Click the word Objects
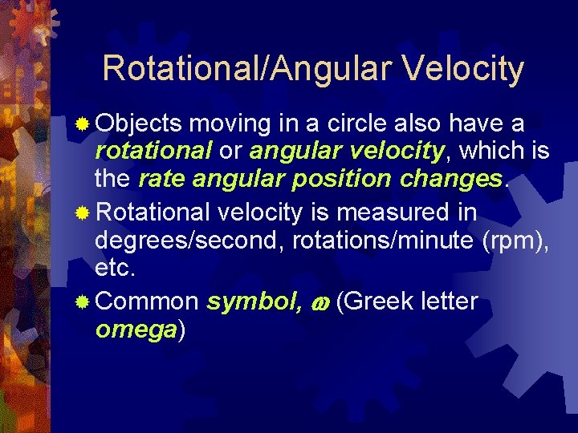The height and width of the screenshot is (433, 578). point(139,124)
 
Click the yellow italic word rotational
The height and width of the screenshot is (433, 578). point(153,151)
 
